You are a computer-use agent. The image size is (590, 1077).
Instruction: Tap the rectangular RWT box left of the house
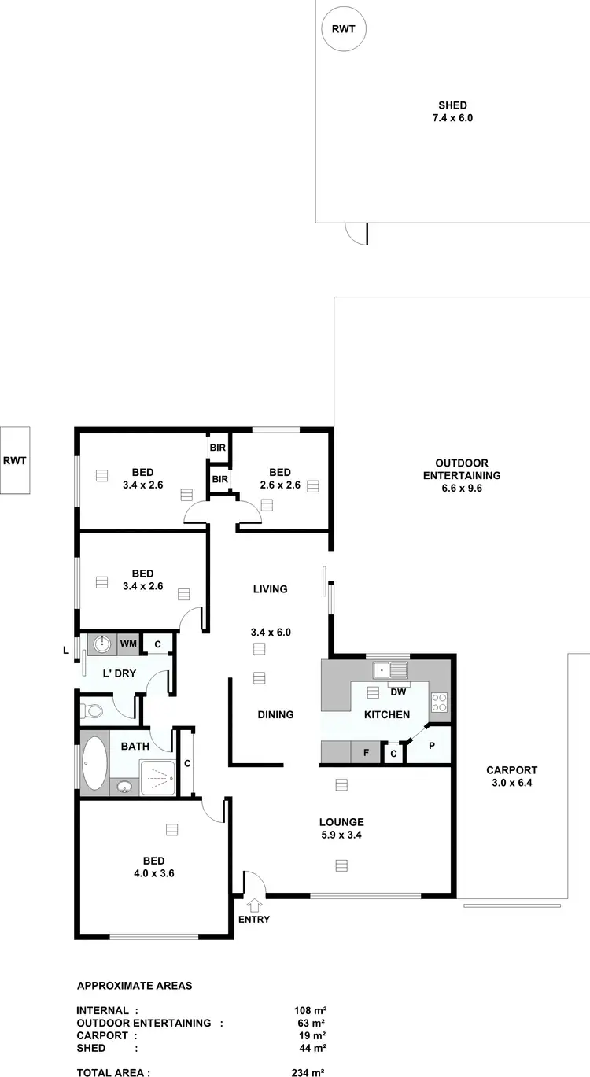pos(15,460)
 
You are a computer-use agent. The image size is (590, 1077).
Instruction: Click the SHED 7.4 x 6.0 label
pos(452,112)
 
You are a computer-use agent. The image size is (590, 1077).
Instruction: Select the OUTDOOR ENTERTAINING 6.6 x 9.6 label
pos(462,475)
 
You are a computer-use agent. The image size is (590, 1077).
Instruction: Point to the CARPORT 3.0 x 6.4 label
pos(511,776)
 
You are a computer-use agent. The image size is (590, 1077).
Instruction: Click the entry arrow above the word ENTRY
pos(254,905)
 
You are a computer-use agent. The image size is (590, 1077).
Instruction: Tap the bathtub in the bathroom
pos(94,763)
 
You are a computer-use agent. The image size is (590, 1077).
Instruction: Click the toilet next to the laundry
pos(94,711)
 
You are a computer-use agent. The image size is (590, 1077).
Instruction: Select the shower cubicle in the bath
pos(157,778)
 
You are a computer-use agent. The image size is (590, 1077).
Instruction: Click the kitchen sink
pos(390,671)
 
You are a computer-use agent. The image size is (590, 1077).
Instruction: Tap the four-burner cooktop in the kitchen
pos(439,702)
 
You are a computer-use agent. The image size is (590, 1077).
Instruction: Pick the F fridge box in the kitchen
pos(366,753)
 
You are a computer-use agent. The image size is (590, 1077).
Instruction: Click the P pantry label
pos(432,744)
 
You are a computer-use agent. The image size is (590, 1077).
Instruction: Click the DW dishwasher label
pos(398,692)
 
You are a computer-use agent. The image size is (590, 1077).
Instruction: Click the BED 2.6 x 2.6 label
pos(280,478)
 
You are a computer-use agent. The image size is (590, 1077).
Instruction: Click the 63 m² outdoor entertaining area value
pos(311,1023)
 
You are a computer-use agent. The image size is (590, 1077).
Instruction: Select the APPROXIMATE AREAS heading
pos(135,985)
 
